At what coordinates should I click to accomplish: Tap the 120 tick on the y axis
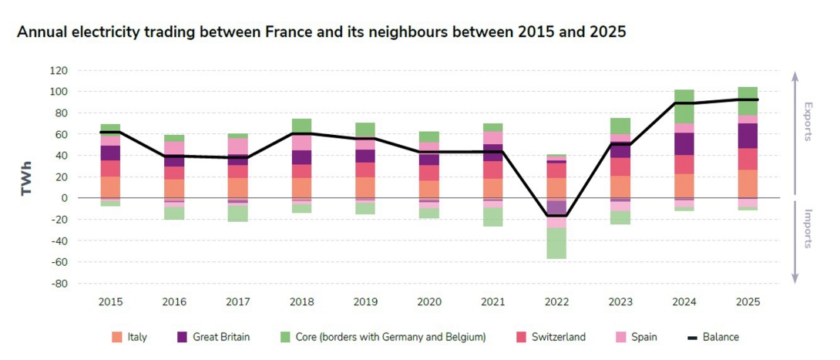[59, 70]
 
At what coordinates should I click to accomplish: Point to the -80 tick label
[59, 284]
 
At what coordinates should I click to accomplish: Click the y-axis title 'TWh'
[27, 177]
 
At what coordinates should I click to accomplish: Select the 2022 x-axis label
[556, 301]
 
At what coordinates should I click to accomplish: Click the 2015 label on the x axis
[110, 301]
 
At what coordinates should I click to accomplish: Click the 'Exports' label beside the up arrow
[808, 121]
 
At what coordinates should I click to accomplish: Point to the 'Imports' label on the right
[808, 229]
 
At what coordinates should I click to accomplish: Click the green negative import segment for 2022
[556, 243]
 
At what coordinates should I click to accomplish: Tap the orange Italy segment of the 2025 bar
[748, 183]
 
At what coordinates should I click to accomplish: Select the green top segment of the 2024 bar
[684, 106]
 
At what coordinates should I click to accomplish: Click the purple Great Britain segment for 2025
[748, 136]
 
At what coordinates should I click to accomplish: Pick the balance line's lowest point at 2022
[556, 216]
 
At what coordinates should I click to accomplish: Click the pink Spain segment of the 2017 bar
[237, 146]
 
